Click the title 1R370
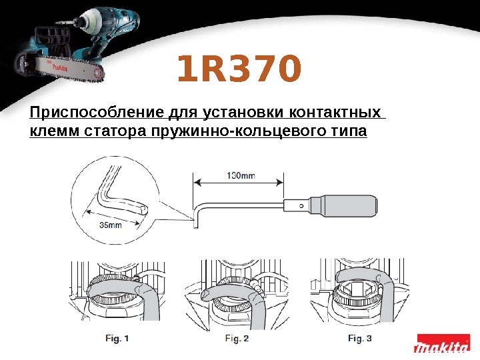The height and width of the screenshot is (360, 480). pyautogui.click(x=239, y=71)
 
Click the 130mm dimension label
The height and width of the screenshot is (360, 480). pyautogui.click(x=240, y=176)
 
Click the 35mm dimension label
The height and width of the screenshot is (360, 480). pyautogui.click(x=110, y=225)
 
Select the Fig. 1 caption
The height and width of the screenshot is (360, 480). pyautogui.click(x=117, y=339)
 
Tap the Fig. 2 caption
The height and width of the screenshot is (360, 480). pyautogui.click(x=237, y=339)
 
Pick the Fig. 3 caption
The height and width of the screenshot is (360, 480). pyautogui.click(x=359, y=339)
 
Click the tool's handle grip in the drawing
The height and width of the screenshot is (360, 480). pyautogui.click(x=351, y=205)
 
